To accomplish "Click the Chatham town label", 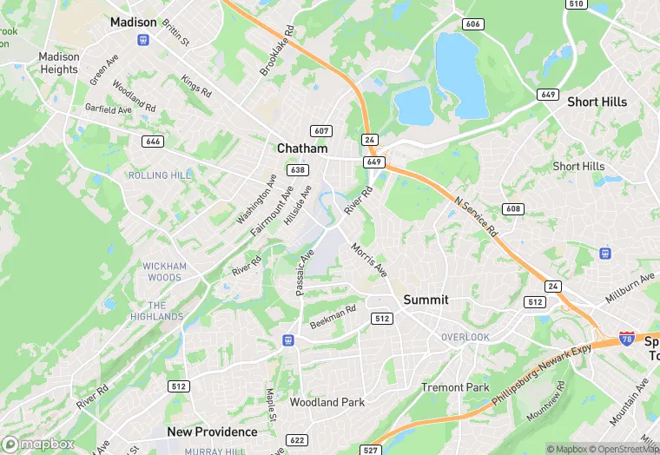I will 302,148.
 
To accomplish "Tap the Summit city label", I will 426,300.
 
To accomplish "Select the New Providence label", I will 212,432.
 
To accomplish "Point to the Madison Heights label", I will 59,63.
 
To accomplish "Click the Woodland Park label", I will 327,402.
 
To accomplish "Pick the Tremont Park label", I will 455,387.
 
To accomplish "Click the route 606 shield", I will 473,24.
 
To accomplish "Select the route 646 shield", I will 153,141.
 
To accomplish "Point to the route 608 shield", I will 512,209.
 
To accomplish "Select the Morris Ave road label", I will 370,260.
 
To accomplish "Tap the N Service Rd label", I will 475,216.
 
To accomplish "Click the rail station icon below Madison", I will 143,40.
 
